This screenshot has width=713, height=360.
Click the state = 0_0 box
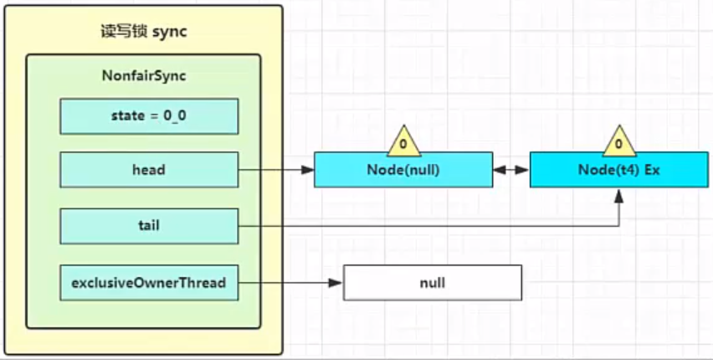[x=149, y=116]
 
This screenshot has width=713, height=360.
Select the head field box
[x=149, y=170]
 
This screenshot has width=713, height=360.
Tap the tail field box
[x=149, y=226]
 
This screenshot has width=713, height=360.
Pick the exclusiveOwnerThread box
[x=149, y=283]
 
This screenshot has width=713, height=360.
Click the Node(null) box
[x=403, y=170]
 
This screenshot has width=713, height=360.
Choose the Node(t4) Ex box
[x=619, y=170]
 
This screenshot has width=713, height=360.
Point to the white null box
[x=433, y=283]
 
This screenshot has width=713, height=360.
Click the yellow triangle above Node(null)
[x=403, y=141]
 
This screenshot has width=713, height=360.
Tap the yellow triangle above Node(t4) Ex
[x=619, y=141]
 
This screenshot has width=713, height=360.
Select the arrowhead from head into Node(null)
[x=308, y=170]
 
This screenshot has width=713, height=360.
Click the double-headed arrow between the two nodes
[x=511, y=170]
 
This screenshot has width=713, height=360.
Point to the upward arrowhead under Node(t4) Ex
[x=619, y=194]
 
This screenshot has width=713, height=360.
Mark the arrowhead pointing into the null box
[x=336, y=283]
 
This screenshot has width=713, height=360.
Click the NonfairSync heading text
[x=144, y=75]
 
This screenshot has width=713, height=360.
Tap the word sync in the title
[x=170, y=33]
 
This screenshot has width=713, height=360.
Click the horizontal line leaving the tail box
[x=428, y=226]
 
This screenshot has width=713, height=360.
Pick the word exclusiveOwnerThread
[x=149, y=283]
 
